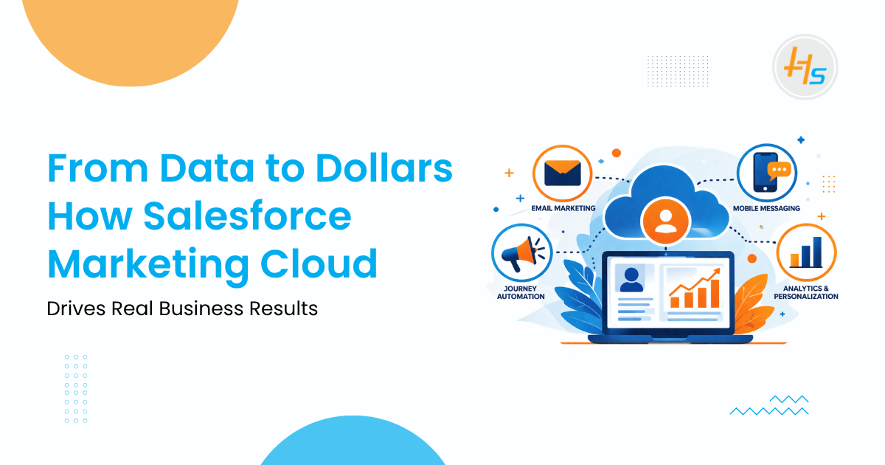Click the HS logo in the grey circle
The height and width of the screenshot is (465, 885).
(805, 66)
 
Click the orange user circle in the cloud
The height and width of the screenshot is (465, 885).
(666, 221)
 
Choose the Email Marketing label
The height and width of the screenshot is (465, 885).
(563, 208)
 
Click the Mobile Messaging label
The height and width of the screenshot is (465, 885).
(766, 208)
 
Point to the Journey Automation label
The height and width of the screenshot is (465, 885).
(520, 292)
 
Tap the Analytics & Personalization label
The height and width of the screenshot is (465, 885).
(806, 292)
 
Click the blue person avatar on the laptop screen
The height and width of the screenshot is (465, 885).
(631, 279)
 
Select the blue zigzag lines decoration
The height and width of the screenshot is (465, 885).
(769, 405)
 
